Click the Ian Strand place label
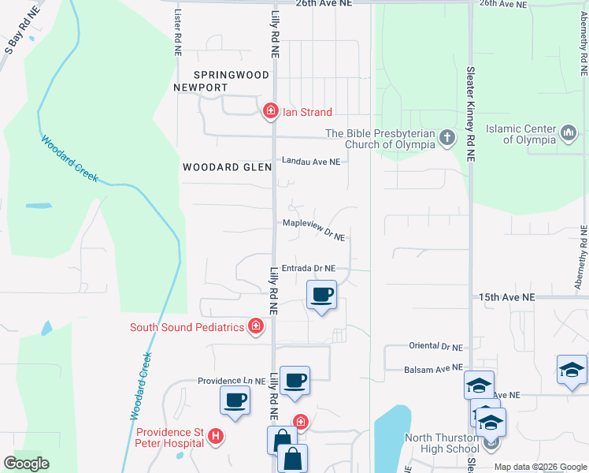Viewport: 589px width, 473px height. (x=307, y=112)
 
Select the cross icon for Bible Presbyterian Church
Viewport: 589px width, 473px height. (x=447, y=139)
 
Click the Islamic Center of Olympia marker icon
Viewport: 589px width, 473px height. (x=569, y=134)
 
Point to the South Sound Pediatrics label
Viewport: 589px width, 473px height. (x=187, y=327)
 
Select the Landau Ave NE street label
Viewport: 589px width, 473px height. (x=311, y=161)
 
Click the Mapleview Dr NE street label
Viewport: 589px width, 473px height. (x=314, y=229)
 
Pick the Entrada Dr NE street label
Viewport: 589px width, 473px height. (x=309, y=268)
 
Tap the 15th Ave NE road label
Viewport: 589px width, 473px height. (x=506, y=297)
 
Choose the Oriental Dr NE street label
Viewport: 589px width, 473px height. (x=435, y=346)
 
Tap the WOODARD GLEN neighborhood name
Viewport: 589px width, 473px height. (x=227, y=167)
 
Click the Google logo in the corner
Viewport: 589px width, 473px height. (x=26, y=464)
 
